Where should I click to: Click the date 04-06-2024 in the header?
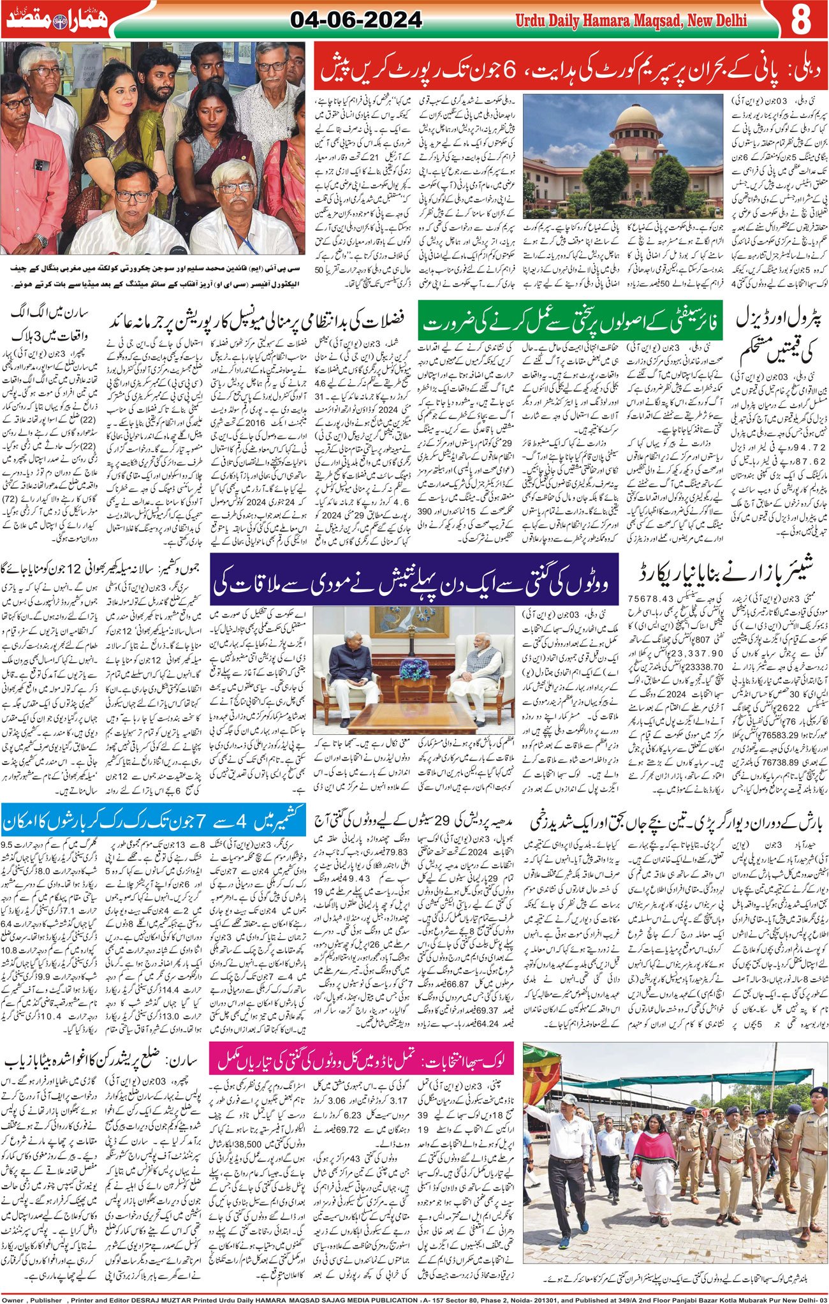[356, 20]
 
